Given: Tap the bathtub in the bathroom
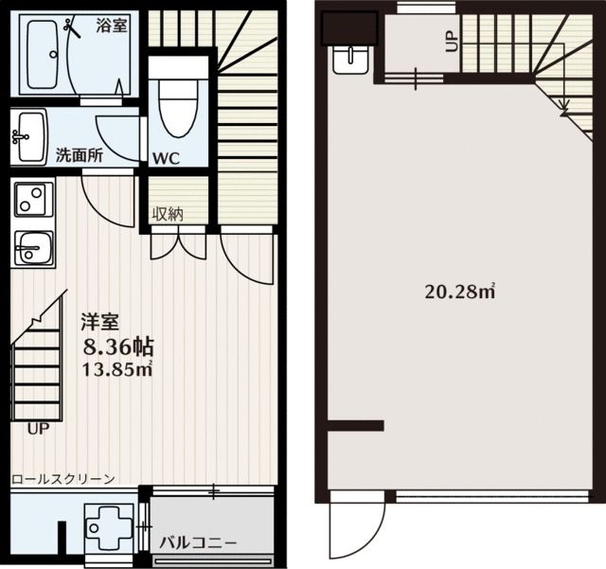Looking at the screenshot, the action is [x=44, y=54].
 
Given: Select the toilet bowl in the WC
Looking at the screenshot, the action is [x=178, y=107].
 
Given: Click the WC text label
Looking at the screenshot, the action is [x=166, y=158].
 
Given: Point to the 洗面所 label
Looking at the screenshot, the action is [x=80, y=155].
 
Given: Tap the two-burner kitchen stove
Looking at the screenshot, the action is [x=34, y=199].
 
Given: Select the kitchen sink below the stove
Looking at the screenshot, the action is [x=34, y=249].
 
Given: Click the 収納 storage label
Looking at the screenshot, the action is [x=168, y=213].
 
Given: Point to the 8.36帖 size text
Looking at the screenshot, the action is [x=119, y=347].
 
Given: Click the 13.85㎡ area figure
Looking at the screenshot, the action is [x=116, y=369].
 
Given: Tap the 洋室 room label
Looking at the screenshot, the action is [x=99, y=322].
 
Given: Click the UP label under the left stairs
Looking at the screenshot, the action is [x=38, y=428].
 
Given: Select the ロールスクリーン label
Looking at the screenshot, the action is [x=63, y=479].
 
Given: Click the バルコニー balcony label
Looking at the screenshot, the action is [x=198, y=543].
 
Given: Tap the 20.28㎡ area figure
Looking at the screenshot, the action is [x=460, y=292].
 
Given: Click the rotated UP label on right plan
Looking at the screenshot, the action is [x=451, y=42].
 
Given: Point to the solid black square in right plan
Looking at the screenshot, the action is [x=349, y=28].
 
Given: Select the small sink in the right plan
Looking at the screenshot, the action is [x=350, y=60].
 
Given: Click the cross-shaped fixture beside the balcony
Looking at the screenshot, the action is [x=110, y=527].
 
